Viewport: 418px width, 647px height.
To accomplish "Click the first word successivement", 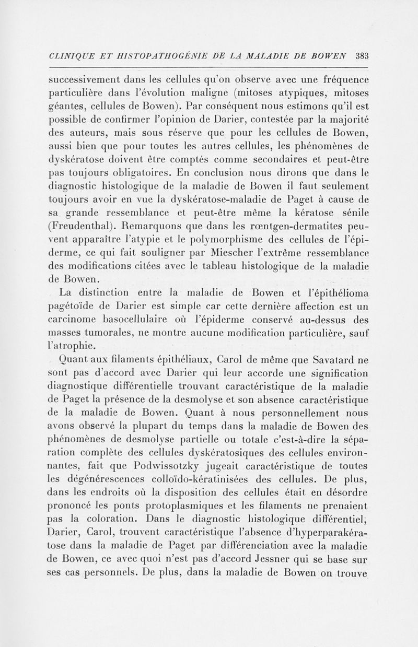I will click(x=89, y=79).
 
